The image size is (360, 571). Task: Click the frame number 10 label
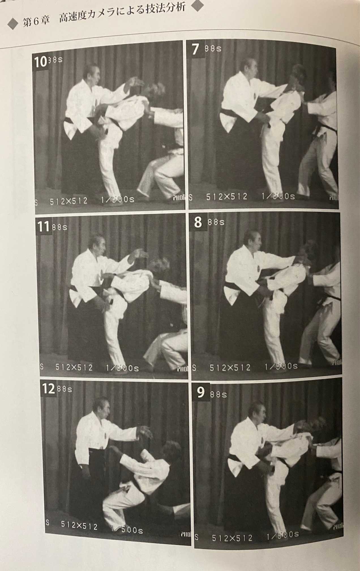(40, 62)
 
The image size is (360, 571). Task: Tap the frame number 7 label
(195, 50)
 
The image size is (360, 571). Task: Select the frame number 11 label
(44, 227)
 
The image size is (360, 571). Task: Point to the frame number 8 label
(198, 222)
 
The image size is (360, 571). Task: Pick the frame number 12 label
(48, 389)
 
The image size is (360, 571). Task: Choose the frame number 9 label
(201, 393)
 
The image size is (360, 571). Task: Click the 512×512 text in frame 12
(79, 526)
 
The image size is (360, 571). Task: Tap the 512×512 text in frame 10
(68, 202)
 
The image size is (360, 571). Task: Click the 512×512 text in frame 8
(230, 368)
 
